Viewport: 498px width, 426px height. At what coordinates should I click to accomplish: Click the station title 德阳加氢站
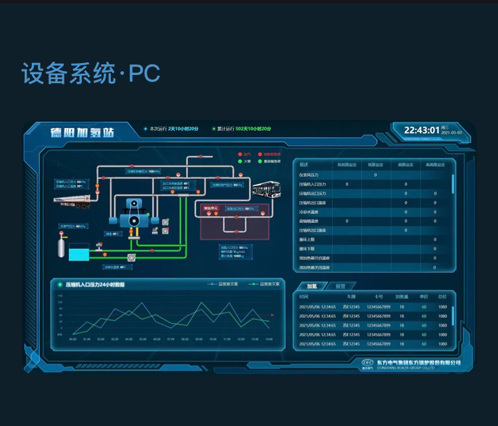82,133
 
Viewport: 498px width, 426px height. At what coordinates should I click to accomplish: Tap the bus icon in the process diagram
266,190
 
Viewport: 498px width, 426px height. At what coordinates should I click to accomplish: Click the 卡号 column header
378,297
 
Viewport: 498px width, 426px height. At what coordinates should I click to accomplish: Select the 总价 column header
442,297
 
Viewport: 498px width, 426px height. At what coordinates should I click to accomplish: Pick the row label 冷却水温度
309,212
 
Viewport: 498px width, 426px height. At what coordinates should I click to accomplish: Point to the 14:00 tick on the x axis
268,339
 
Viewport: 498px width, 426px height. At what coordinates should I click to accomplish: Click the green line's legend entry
263,284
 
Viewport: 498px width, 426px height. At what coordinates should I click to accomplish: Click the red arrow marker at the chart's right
272,315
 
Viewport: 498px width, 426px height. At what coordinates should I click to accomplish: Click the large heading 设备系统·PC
91,73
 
